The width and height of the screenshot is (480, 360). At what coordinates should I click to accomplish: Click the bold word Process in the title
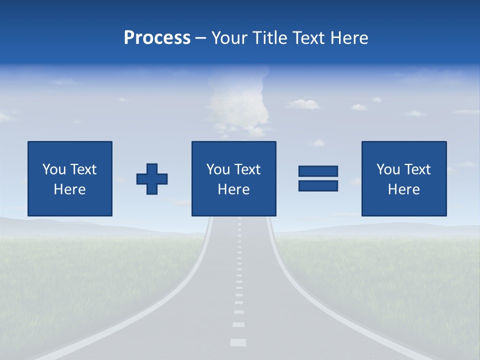tap(157, 38)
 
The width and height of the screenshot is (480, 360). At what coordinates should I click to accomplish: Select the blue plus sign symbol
tap(152, 179)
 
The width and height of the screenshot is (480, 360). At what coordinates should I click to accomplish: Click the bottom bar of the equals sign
tap(318, 185)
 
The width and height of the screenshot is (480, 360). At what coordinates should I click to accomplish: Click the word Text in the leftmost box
tap(82, 169)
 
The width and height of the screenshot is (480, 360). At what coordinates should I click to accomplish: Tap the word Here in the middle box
tap(233, 189)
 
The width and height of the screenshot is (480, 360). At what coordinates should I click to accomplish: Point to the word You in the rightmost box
tap(388, 169)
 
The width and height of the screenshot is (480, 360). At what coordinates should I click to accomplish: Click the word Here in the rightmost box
tap(404, 189)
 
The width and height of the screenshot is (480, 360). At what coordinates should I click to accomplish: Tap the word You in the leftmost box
tap(54, 169)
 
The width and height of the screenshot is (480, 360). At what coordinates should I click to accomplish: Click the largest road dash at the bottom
tap(238, 342)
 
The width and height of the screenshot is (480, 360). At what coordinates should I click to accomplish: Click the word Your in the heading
tap(229, 38)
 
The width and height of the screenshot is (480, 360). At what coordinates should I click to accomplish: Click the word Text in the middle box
tap(246, 169)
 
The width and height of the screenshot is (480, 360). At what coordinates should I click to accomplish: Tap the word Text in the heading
tap(308, 38)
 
